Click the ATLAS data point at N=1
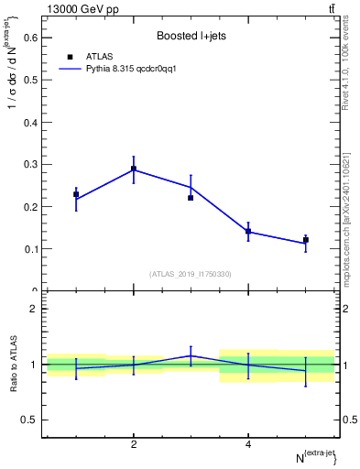point(76,194)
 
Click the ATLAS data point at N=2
point(134,169)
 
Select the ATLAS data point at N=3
point(191,198)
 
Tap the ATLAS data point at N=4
point(248,232)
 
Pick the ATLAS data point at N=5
point(306,240)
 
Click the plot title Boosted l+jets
point(191,36)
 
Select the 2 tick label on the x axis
point(134,444)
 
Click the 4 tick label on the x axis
point(248,444)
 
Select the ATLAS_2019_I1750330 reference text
point(191,274)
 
